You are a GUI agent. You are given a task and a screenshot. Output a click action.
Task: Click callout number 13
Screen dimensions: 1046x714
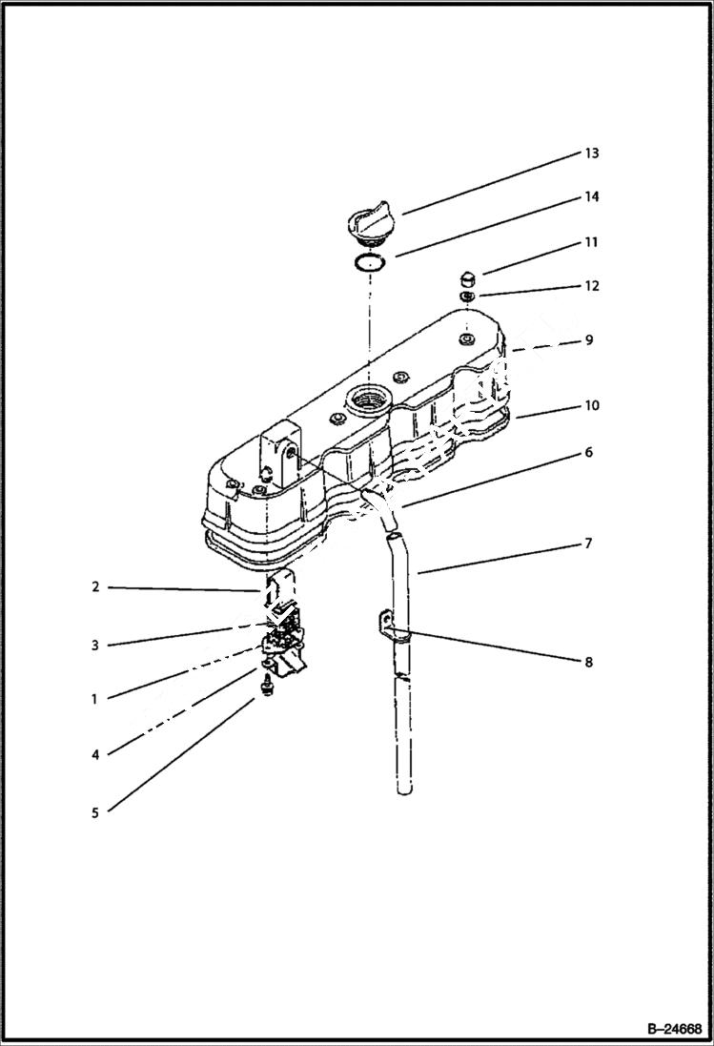pos(591,154)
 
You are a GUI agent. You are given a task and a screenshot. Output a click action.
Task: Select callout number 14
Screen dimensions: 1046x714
pos(591,197)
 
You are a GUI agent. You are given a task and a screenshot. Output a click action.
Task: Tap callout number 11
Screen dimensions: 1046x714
pos(591,242)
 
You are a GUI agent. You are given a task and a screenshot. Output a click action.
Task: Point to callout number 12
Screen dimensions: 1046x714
pos(591,286)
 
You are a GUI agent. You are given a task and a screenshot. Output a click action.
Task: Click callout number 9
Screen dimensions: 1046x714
pos(588,339)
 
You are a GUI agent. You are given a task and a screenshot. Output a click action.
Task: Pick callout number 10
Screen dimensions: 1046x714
pos(591,405)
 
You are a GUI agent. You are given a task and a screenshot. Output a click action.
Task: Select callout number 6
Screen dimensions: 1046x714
pos(588,453)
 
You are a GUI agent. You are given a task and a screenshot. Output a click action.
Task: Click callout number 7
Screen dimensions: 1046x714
pos(588,544)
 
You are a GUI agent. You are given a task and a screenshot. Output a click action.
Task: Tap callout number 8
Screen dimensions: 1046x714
pos(588,662)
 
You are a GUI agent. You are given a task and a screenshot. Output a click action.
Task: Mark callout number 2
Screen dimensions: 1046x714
pos(95,586)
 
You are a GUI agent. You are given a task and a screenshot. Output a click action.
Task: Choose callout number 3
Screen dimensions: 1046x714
pos(95,646)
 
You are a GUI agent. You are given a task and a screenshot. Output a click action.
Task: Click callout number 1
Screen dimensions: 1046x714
pos(95,699)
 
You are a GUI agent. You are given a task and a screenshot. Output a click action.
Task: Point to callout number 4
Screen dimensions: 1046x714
pos(95,754)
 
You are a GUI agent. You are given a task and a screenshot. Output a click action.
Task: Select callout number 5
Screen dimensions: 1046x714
pos(95,813)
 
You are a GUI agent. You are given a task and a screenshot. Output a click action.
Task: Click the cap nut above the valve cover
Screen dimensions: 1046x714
pos(466,277)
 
